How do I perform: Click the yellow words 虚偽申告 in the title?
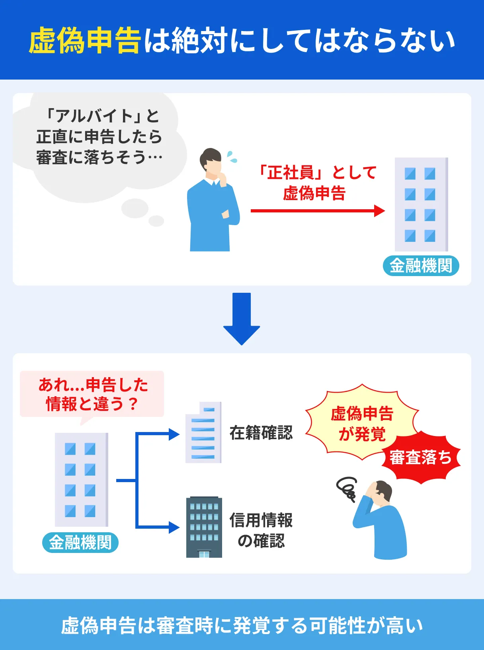click(x=85, y=41)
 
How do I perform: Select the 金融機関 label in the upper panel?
click(x=421, y=266)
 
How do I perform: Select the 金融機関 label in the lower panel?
click(x=80, y=543)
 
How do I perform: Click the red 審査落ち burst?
click(x=421, y=458)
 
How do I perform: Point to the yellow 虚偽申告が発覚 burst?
click(x=361, y=423)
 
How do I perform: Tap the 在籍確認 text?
click(x=261, y=433)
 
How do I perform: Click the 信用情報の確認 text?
click(x=261, y=530)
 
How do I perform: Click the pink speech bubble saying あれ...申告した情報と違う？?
click(x=92, y=394)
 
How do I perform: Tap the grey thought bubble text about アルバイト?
click(x=100, y=137)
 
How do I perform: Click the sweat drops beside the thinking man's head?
click(x=232, y=157)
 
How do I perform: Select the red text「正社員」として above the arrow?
click(x=317, y=173)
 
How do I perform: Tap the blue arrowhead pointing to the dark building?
click(x=174, y=527)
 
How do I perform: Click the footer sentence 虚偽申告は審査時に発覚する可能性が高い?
click(x=242, y=625)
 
